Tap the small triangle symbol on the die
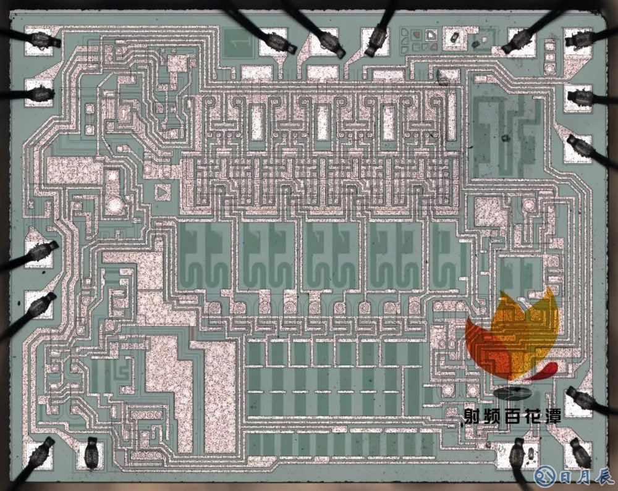[162, 193]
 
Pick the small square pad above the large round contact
[113, 177]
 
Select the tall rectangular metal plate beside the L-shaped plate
[219, 395]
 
